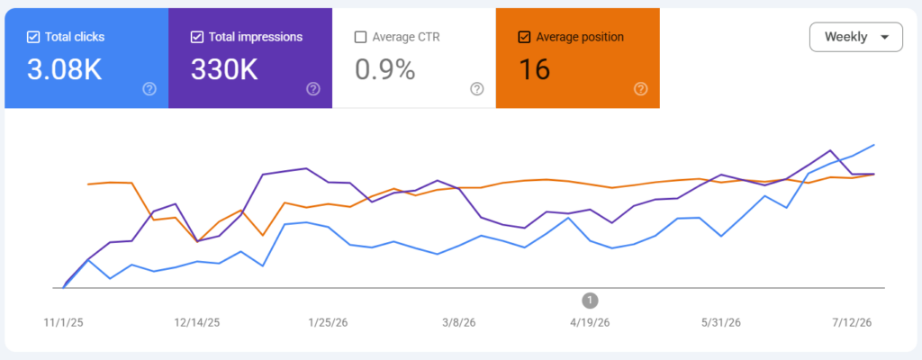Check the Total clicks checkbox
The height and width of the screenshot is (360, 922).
[x=33, y=37]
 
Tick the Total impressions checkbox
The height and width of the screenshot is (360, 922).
[x=197, y=37]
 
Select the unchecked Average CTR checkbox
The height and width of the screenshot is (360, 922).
[x=360, y=37]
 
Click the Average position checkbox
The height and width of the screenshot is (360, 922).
[x=524, y=37]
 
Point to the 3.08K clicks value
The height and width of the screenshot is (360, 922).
[x=64, y=69]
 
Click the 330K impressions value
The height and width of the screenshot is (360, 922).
[x=224, y=69]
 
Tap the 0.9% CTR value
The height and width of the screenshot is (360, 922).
[x=384, y=69]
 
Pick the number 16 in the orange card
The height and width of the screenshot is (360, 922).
[x=534, y=69]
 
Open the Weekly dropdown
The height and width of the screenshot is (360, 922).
[x=855, y=37]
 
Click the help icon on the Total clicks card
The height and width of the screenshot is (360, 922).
[x=150, y=89]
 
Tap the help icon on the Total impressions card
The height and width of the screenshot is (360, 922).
[x=313, y=89]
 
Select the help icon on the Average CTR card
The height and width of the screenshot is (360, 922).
[x=477, y=89]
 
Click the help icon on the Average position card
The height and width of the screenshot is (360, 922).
[x=640, y=89]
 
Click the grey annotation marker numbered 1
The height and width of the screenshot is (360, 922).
[x=590, y=301]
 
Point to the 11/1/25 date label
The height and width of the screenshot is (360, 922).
[x=64, y=322]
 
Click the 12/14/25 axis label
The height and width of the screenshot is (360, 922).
[x=197, y=322]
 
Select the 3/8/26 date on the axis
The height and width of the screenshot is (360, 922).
[x=459, y=322]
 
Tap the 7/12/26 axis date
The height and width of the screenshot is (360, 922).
[x=852, y=322]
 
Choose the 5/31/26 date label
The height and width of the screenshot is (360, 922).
[x=721, y=322]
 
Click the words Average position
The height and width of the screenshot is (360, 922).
[x=580, y=37]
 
